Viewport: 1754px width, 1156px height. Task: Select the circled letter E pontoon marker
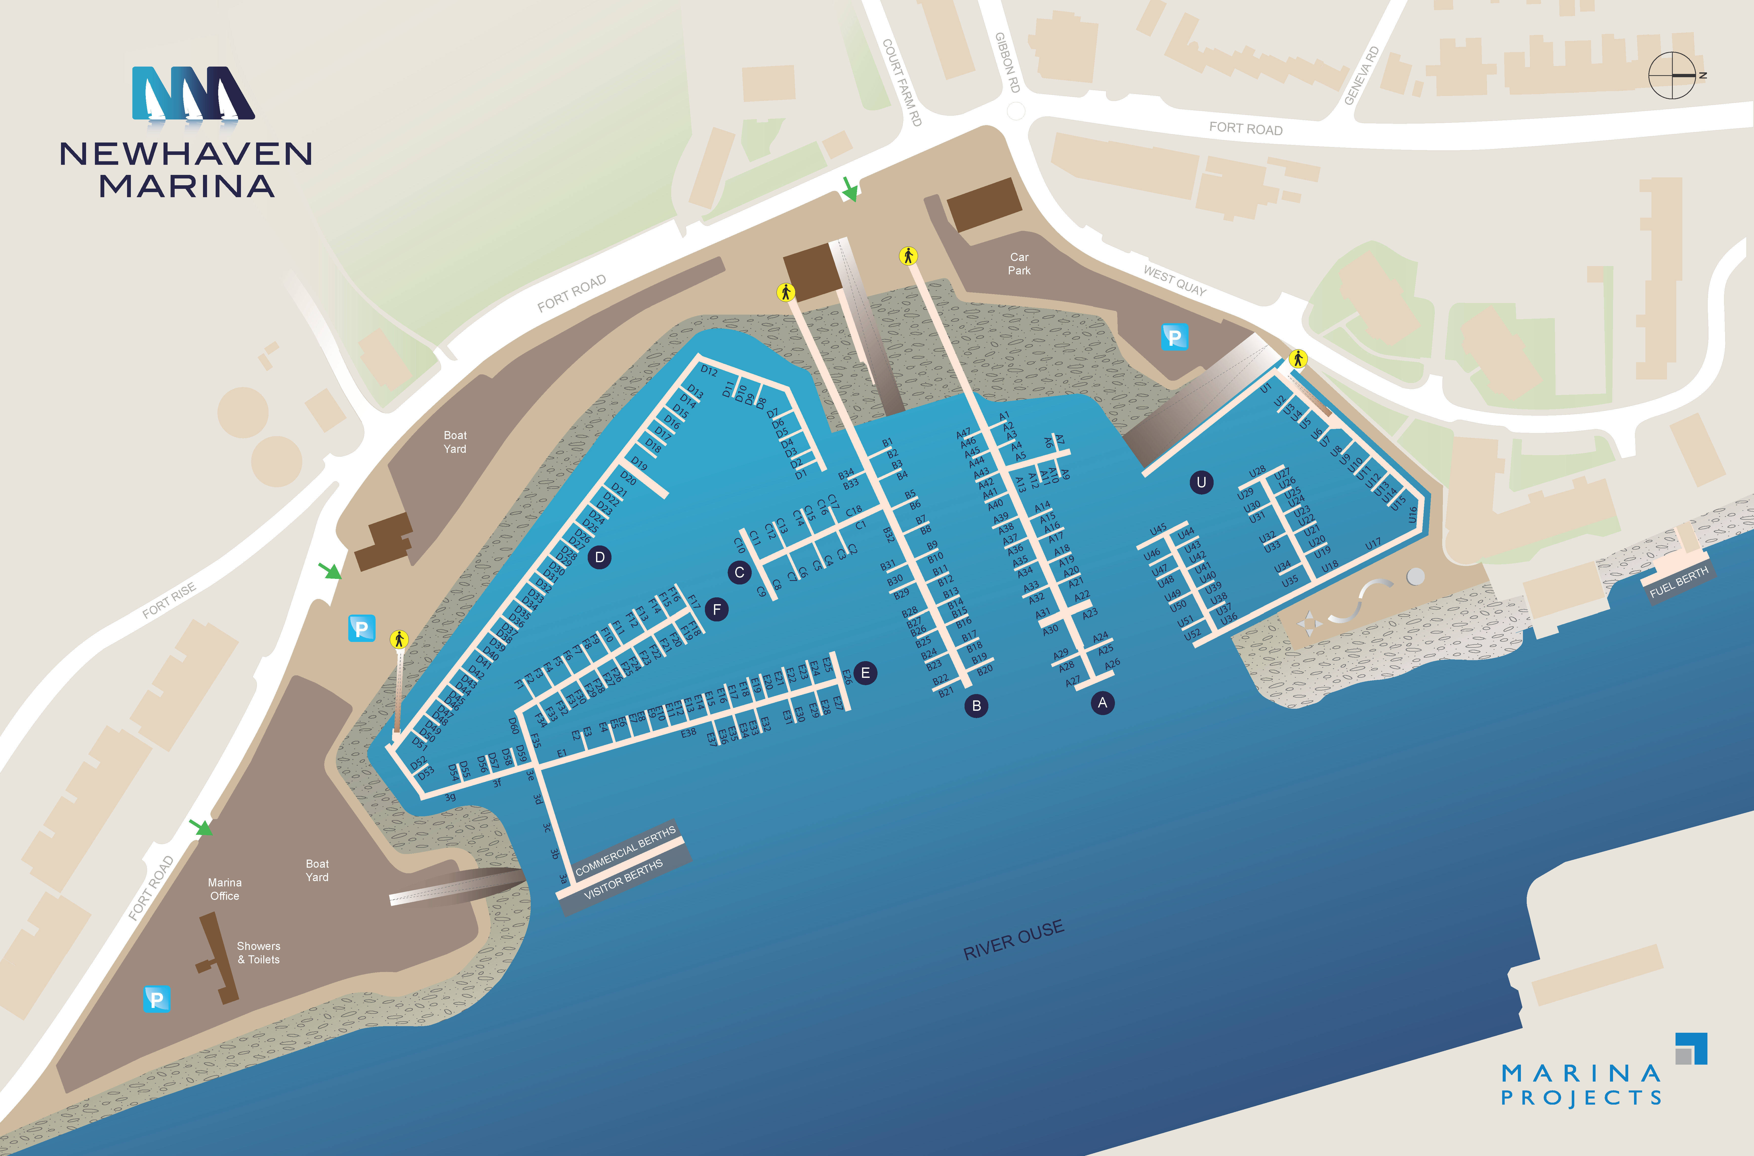coord(865,673)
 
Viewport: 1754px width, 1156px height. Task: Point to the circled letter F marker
coord(716,610)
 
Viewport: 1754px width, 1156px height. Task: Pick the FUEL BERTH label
coord(1678,582)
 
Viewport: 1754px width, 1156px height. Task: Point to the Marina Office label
coord(225,889)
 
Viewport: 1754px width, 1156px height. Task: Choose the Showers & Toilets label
coord(259,952)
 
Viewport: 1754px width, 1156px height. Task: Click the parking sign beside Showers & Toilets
coord(156,999)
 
